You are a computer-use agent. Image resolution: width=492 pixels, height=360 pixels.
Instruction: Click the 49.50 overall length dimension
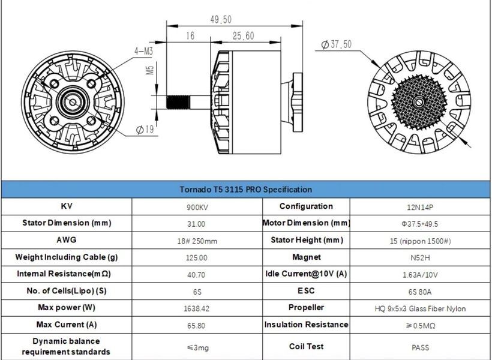(x=221, y=20)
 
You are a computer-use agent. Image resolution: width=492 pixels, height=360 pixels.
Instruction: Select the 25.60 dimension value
(x=243, y=36)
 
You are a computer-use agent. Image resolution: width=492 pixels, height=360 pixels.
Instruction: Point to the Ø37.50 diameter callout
(x=337, y=44)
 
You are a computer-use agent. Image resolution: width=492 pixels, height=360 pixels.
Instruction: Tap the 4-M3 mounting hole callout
(x=143, y=51)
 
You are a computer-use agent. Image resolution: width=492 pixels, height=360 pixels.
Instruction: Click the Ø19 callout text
(x=145, y=130)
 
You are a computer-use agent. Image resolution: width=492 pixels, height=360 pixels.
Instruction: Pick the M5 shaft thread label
(x=150, y=70)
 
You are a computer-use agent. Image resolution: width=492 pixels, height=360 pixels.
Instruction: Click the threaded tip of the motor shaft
(x=178, y=103)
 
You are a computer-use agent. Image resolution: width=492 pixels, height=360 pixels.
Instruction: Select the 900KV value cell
(x=197, y=208)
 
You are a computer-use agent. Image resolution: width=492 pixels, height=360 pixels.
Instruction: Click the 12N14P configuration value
(x=420, y=208)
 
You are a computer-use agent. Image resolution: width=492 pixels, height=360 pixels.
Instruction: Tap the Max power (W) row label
(x=67, y=308)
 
